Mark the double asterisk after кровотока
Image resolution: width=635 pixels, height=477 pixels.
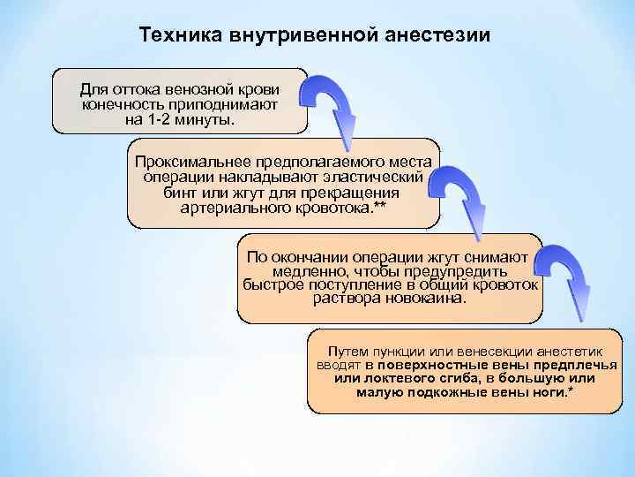pyautogui.click(x=380, y=206)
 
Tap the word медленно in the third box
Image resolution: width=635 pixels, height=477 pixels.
pyautogui.click(x=303, y=270)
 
